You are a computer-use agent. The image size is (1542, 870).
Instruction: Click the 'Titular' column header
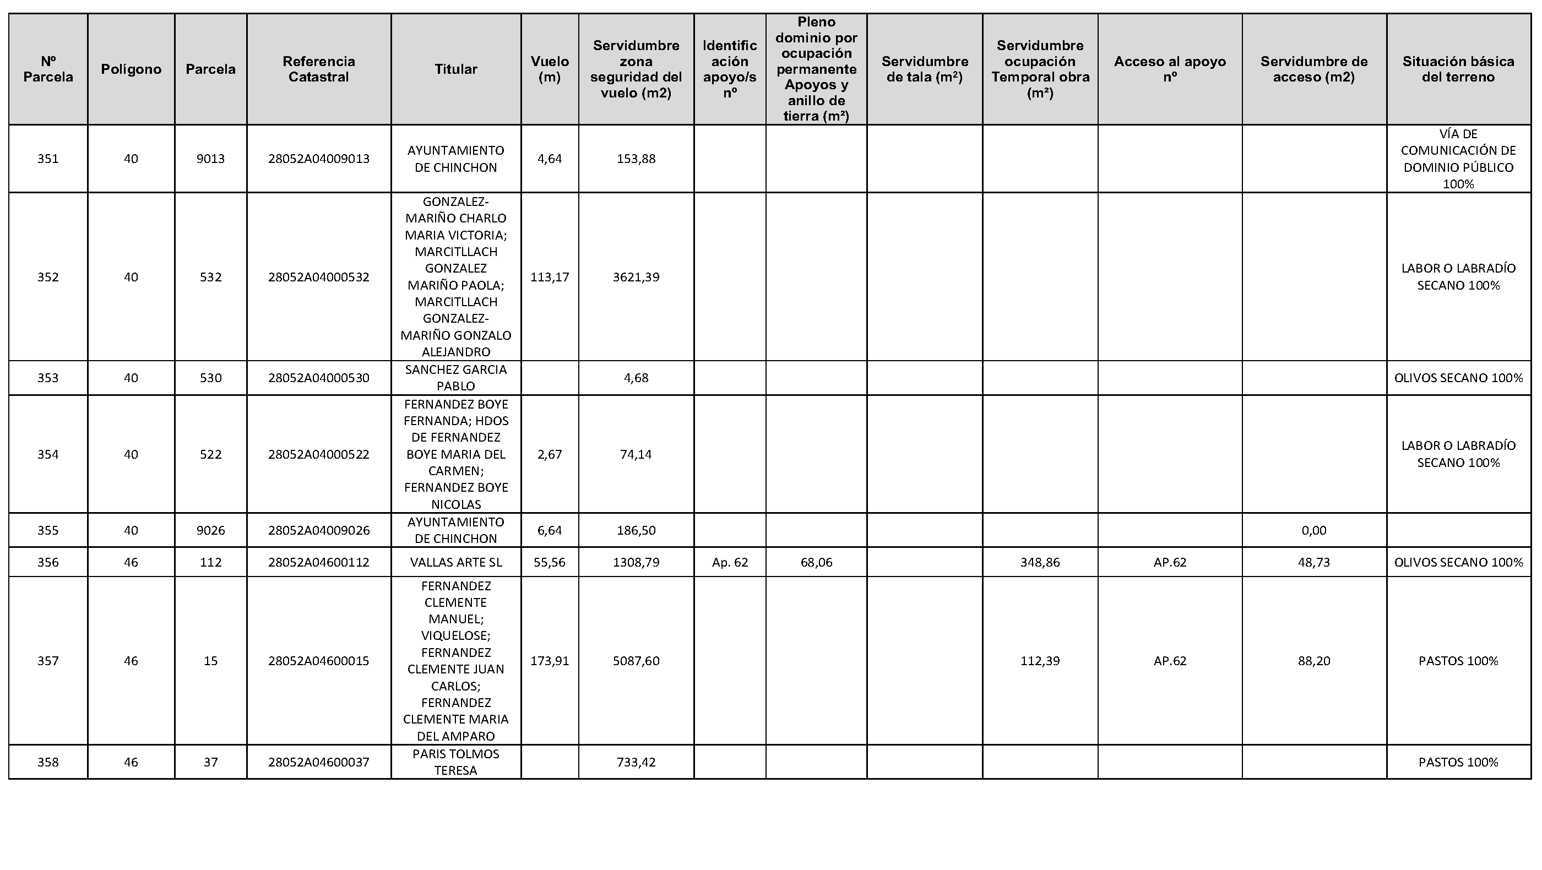[455, 69]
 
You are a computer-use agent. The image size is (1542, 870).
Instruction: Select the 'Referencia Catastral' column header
[318, 69]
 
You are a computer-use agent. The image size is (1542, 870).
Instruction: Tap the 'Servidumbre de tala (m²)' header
[924, 69]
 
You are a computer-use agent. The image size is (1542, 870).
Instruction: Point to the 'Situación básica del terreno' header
[1458, 69]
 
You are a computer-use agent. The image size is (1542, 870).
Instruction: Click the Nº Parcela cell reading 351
[48, 159]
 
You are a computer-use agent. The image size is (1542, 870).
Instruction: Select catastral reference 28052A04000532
[318, 277]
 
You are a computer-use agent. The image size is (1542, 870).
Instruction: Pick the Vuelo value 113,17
[550, 277]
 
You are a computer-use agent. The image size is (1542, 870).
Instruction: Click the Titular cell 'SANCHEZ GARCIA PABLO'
[455, 378]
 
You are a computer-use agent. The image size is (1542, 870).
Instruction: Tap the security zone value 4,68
[636, 378]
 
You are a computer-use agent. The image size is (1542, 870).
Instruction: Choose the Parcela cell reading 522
[210, 454]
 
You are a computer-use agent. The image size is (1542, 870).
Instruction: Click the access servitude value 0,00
[1313, 530]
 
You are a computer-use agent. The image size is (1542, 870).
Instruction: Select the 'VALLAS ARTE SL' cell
[455, 562]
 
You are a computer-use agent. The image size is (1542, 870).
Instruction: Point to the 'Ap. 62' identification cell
[730, 562]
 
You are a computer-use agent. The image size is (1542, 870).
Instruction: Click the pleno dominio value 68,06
[816, 562]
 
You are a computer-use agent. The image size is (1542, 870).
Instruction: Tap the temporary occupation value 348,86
[1040, 562]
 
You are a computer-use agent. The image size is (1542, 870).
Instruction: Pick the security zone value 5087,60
[636, 661]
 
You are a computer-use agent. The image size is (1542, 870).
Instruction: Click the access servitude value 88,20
[1313, 661]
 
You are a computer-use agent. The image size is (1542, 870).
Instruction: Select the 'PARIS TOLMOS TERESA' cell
[455, 762]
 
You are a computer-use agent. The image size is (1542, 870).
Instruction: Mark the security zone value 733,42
[636, 762]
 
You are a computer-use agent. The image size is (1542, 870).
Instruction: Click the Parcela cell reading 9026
[210, 530]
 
